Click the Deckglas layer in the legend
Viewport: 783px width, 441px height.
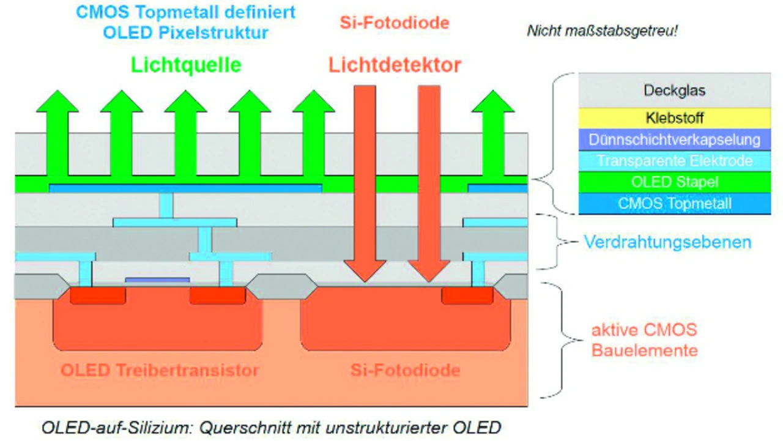[x=674, y=90]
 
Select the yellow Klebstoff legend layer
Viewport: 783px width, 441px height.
[x=674, y=118]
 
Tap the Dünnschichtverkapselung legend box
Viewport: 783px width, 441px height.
[x=674, y=140]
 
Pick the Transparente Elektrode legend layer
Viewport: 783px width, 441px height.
[x=674, y=161]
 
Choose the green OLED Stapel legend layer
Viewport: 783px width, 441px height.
[x=674, y=182]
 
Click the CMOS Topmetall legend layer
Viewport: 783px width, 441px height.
[x=674, y=204]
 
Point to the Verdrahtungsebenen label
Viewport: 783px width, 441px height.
[x=667, y=242]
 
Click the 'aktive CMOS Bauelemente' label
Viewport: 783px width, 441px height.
[x=644, y=340]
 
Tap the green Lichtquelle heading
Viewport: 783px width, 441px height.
[x=186, y=65]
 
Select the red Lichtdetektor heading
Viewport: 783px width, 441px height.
[x=395, y=65]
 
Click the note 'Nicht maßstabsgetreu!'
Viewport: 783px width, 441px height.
[x=602, y=31]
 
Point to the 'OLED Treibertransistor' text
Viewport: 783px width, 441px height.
[x=160, y=371]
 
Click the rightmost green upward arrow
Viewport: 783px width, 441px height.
[x=493, y=133]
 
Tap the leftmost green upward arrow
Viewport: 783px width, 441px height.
[x=58, y=133]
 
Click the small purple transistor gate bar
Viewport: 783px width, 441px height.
[x=157, y=280]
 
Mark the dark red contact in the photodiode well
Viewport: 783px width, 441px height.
[x=467, y=295]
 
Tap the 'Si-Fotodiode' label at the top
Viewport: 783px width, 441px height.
[x=395, y=23]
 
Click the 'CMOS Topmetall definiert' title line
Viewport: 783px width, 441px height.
[x=185, y=12]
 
